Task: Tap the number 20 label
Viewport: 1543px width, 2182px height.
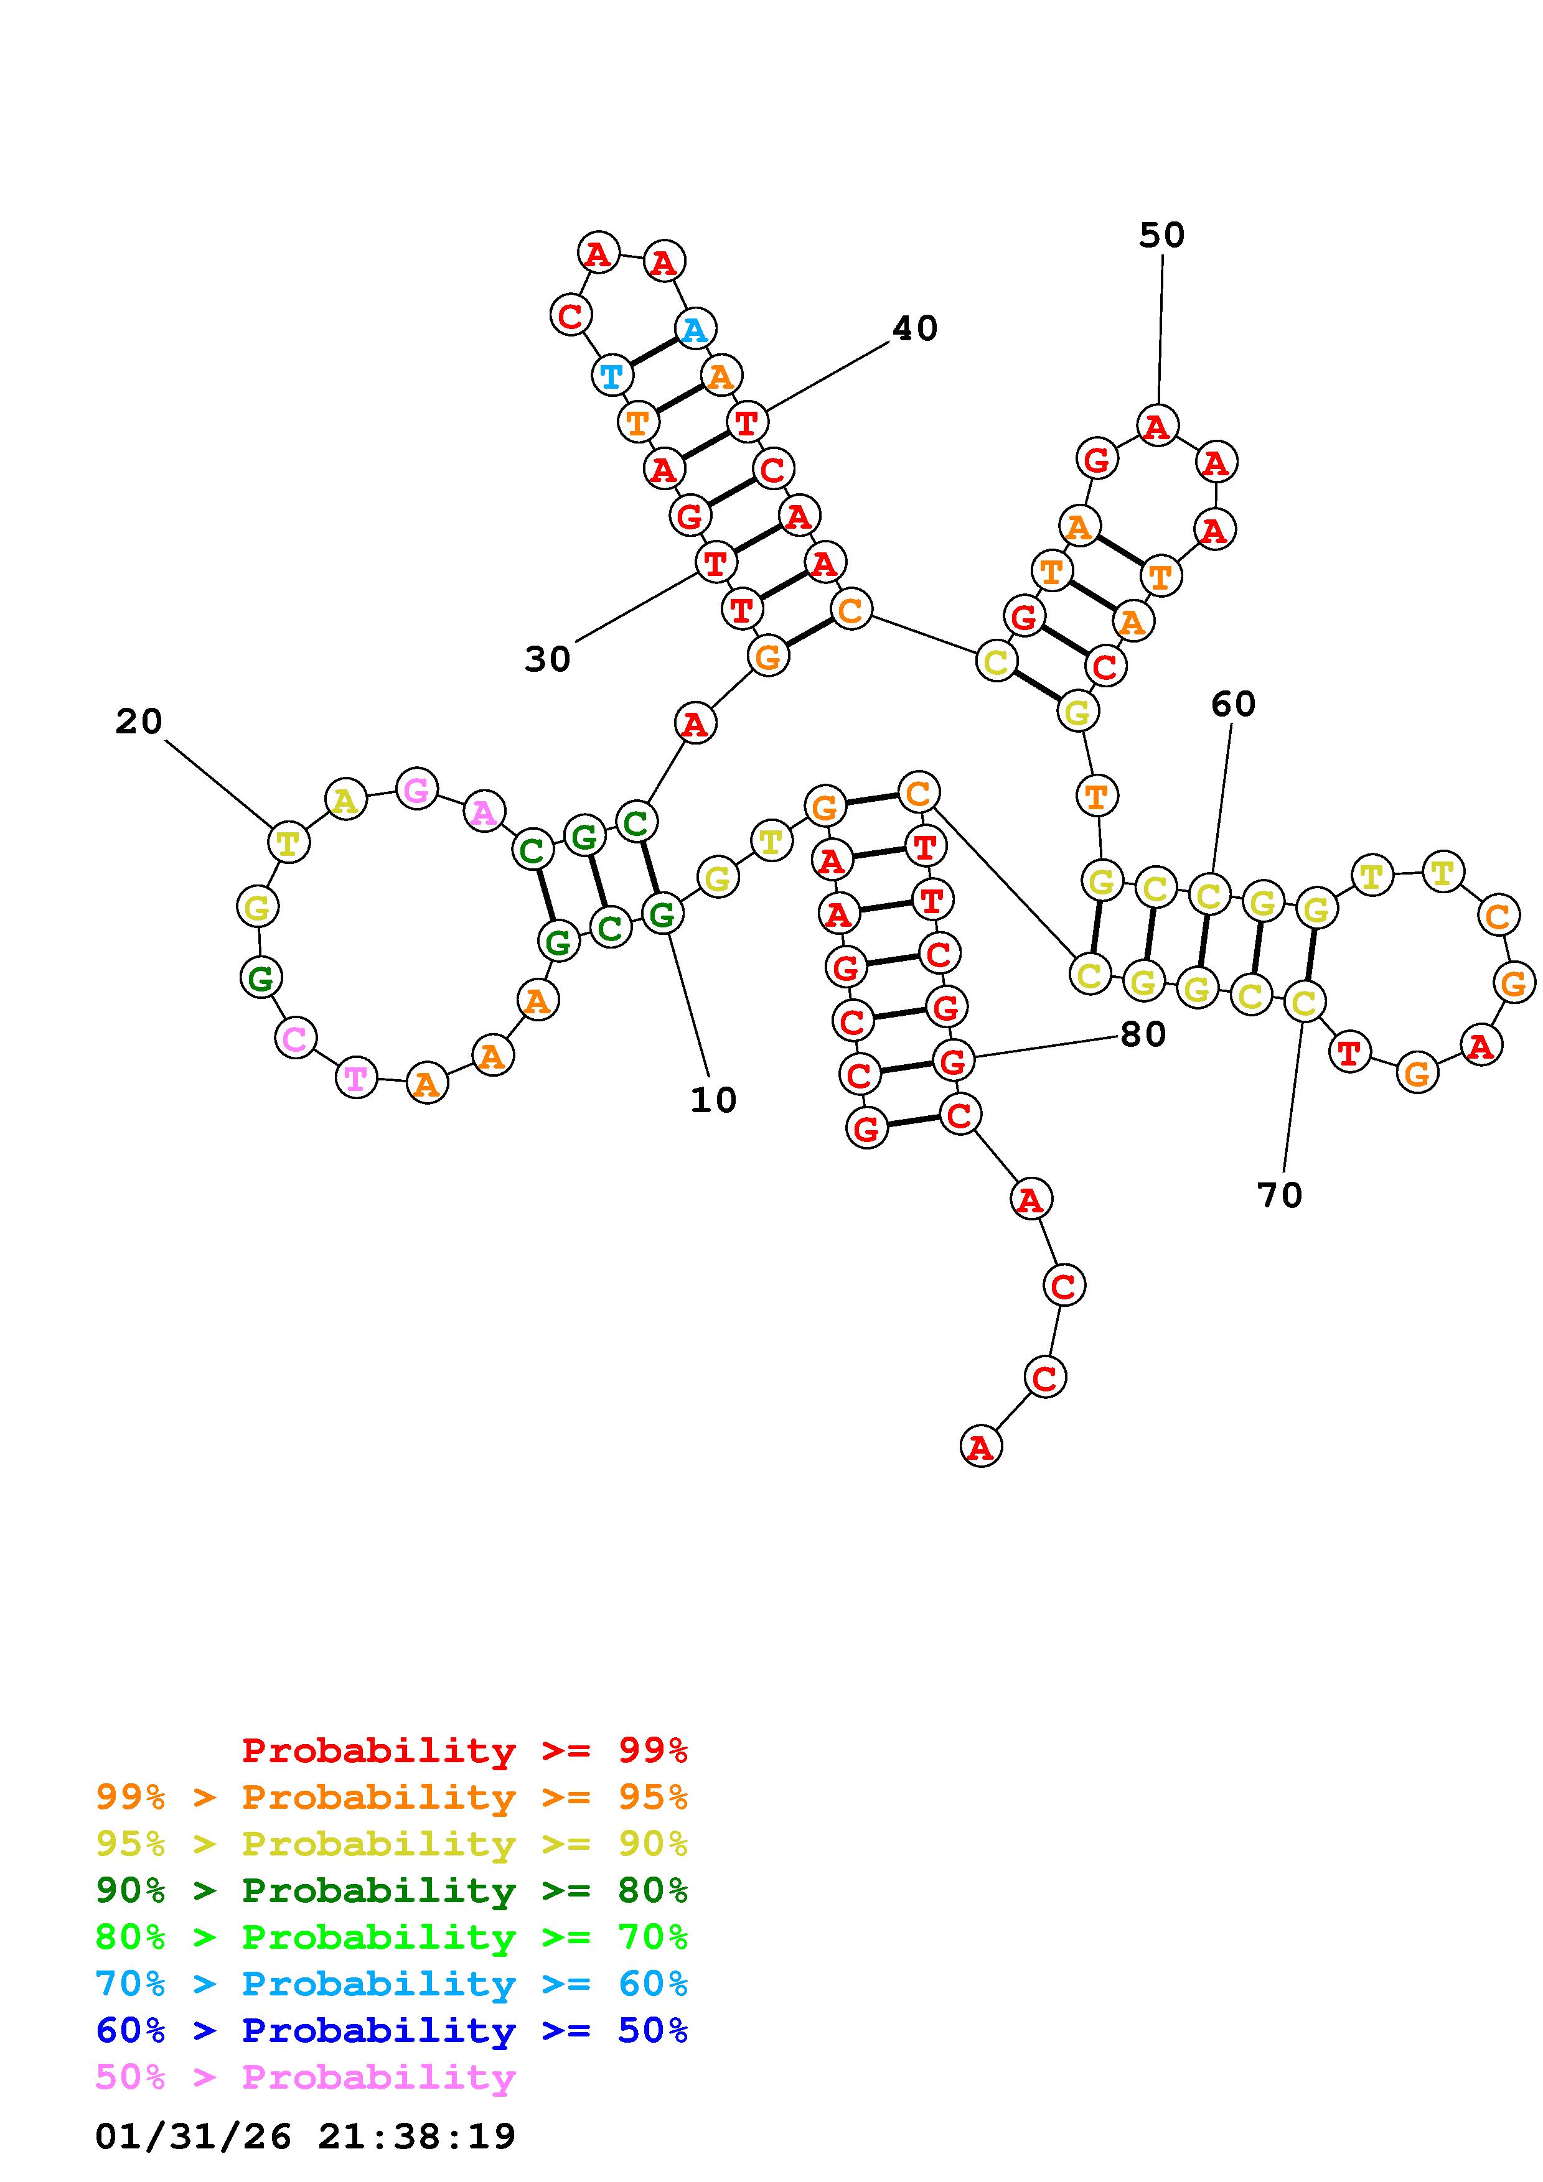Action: [139, 722]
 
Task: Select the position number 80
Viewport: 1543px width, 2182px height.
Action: [1143, 1034]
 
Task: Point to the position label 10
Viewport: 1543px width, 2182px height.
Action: [713, 1100]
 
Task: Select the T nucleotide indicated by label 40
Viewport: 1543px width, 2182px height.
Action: [748, 421]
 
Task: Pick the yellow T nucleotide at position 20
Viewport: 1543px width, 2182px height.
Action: [288, 842]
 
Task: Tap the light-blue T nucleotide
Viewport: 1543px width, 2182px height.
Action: [611, 376]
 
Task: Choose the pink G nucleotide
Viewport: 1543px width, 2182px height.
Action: [416, 789]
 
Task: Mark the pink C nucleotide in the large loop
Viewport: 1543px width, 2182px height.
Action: [296, 1039]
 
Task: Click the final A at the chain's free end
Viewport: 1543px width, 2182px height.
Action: [980, 1447]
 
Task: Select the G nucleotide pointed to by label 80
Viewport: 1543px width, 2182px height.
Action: [952, 1060]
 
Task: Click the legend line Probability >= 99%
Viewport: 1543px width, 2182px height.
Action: [465, 1750]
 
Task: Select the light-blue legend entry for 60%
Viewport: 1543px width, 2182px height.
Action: [392, 1984]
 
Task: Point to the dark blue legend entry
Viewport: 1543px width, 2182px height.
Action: [392, 2031]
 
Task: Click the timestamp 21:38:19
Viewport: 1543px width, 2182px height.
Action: [416, 2137]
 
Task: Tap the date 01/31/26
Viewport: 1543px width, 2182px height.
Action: [193, 2137]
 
